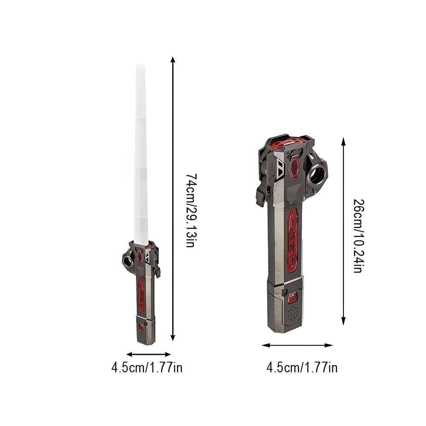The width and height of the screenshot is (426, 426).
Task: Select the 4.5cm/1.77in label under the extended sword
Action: [147, 367]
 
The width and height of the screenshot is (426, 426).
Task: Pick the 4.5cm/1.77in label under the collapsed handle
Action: [302, 367]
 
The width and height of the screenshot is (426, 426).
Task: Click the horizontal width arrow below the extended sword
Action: [148, 354]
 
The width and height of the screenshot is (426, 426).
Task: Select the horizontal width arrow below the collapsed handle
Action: [297, 345]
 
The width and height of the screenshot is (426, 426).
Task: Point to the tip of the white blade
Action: [140, 66]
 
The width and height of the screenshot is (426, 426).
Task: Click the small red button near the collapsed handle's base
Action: [293, 298]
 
